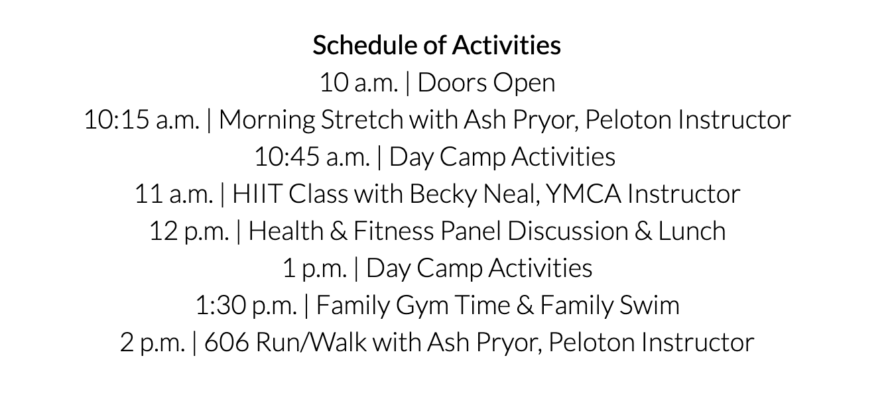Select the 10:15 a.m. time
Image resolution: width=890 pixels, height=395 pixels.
[x=142, y=120]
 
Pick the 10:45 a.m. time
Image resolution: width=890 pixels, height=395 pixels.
[x=312, y=157]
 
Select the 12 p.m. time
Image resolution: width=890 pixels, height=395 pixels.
[x=189, y=231]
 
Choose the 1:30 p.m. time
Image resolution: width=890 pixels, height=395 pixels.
[x=246, y=306]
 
